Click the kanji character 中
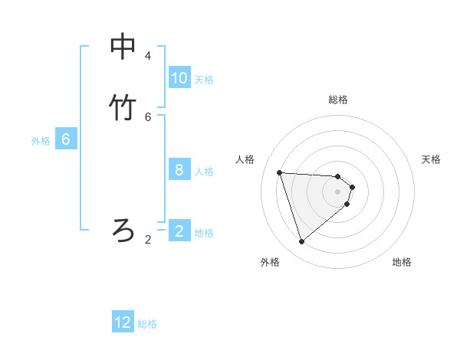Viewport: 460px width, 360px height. [123, 47]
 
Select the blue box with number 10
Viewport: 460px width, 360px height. [179, 78]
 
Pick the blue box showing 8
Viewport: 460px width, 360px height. [179, 170]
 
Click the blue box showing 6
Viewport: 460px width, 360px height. [66, 139]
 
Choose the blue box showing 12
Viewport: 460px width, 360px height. [123, 322]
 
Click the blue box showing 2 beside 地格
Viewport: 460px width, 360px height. [179, 231]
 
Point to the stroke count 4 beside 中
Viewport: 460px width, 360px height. [148, 56]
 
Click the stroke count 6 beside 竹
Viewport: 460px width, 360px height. [148, 117]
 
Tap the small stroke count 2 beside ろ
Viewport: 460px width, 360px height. [148, 240]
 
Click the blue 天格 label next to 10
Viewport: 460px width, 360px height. [204, 80]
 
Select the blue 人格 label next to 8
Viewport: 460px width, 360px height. [204, 172]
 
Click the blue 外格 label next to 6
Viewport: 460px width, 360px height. [41, 141]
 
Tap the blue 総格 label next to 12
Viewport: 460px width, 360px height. [147, 324]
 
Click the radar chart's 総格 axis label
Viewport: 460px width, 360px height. [338, 100]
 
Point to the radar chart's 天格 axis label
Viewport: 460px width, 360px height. [432, 159]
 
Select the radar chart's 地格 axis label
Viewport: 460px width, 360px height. [402, 262]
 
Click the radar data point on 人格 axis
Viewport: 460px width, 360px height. [280, 172]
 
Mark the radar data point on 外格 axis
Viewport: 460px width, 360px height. [302, 242]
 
